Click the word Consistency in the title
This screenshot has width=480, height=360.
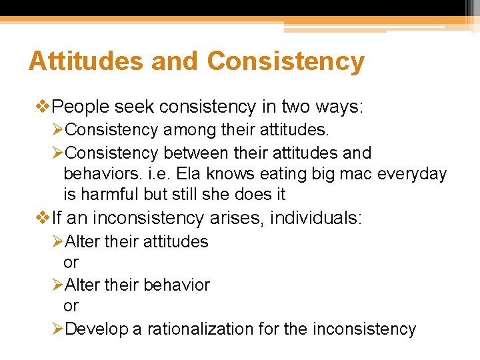286,61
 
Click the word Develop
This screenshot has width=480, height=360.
104,329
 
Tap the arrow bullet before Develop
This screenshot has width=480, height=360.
59,329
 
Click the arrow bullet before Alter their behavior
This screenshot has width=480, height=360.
59,285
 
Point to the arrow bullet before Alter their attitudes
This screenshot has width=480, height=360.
59,241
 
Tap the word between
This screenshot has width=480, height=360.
193,153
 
